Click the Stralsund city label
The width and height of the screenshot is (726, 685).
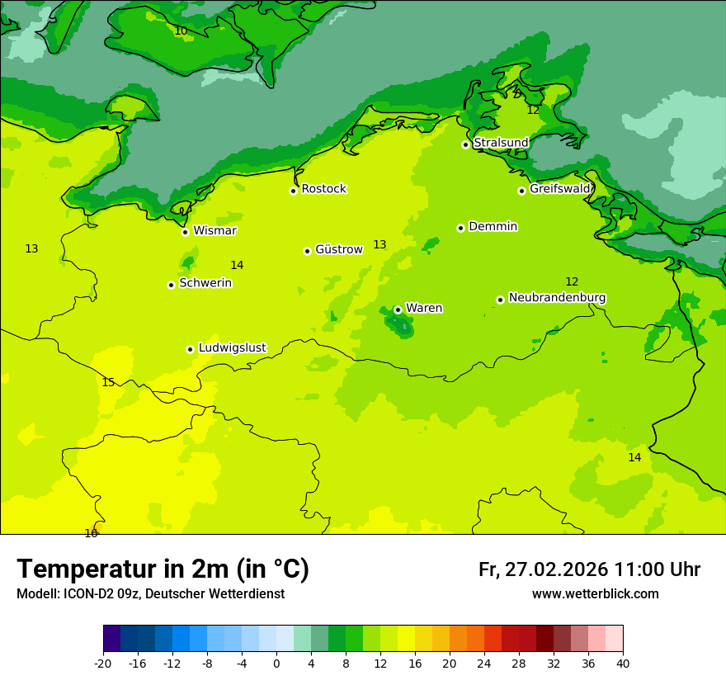pyautogui.click(x=501, y=143)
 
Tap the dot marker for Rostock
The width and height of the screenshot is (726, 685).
pyautogui.click(x=293, y=191)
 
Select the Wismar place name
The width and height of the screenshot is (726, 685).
pyautogui.click(x=214, y=230)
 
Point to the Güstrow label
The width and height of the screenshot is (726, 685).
pyautogui.click(x=338, y=249)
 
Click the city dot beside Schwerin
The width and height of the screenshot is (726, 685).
pyautogui.click(x=171, y=285)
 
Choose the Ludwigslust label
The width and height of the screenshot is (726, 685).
pyautogui.click(x=232, y=347)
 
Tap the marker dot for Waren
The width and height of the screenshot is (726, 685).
pyautogui.click(x=398, y=309)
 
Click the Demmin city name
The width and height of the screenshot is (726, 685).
pyautogui.click(x=493, y=226)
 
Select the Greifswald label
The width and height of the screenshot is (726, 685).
pyautogui.click(x=560, y=189)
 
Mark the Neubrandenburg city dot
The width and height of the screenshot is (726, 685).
pyautogui.click(x=500, y=300)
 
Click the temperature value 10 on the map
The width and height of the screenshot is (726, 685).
pyautogui.click(x=181, y=31)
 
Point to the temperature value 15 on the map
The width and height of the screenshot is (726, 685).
pyautogui.click(x=108, y=382)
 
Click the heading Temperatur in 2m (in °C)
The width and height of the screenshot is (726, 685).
pyautogui.click(x=163, y=569)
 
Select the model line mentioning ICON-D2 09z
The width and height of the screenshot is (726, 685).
pyautogui.click(x=150, y=593)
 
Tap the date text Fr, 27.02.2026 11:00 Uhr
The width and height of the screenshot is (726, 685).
pyautogui.click(x=589, y=569)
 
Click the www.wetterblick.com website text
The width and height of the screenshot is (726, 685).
pyautogui.click(x=595, y=593)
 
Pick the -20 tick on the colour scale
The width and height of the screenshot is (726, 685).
pyautogui.click(x=103, y=663)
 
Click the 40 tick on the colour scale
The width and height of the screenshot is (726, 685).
pyautogui.click(x=623, y=663)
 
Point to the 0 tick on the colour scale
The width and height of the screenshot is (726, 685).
pyautogui.click(x=276, y=663)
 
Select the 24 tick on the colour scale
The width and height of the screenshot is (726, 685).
pyautogui.click(x=484, y=663)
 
